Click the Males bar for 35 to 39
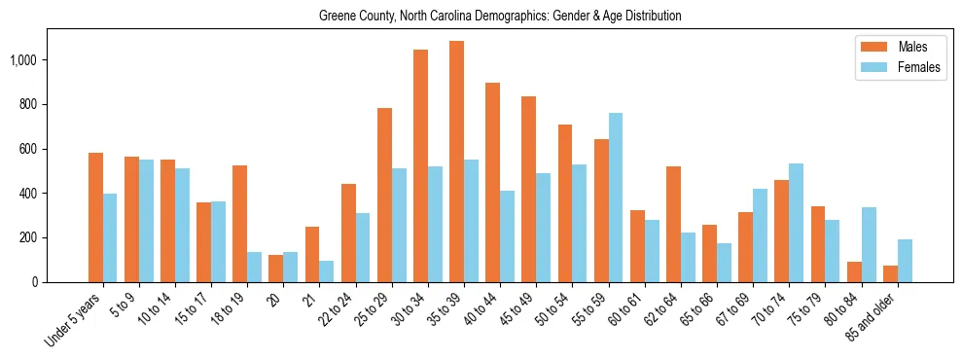pos(457,162)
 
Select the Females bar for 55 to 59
pos(616,198)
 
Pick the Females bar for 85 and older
pos(905,261)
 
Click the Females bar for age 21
pos(327,271)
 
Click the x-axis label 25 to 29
pos(374,307)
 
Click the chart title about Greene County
pos(500,17)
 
